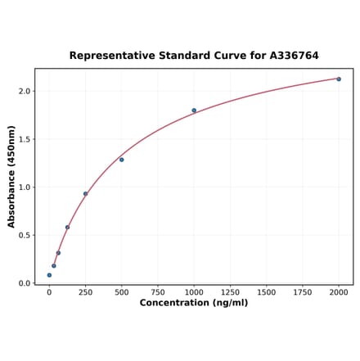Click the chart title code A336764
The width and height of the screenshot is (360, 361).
click(289, 56)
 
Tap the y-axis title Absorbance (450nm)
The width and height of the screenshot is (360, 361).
click(11, 177)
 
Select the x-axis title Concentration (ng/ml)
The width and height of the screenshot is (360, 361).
click(194, 303)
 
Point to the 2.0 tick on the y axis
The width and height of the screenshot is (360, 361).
click(24, 91)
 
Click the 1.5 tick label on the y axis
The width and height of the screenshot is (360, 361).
click(24, 139)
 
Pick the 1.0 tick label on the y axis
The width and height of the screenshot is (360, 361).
click(24, 187)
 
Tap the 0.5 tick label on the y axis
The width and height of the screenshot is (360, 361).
click(24, 236)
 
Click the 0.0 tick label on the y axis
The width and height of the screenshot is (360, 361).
click(24, 283)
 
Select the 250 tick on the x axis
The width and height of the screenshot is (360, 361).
click(85, 291)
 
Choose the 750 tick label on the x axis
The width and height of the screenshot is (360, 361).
click(158, 291)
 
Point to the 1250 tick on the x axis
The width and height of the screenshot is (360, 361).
click(230, 291)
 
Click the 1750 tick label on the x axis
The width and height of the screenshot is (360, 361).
click(303, 291)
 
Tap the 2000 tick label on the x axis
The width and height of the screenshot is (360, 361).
click(339, 291)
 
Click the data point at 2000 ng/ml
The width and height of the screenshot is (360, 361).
click(339, 79)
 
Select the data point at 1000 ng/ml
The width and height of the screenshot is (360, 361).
click(194, 111)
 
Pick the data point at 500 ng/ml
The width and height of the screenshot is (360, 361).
click(122, 160)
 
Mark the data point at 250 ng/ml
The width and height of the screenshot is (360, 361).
click(85, 194)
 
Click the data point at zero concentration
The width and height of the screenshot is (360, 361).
click(49, 275)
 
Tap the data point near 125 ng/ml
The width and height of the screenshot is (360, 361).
click(67, 228)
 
